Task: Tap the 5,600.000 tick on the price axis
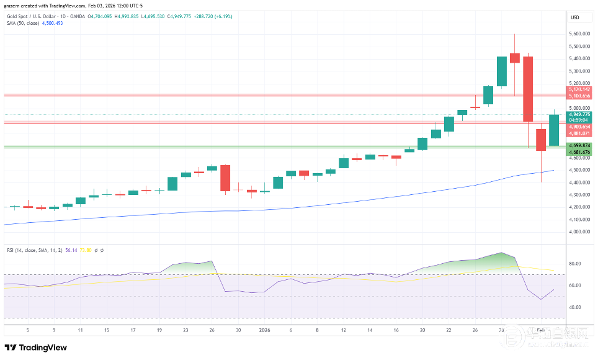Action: [579, 34]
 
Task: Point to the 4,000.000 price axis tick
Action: [579, 232]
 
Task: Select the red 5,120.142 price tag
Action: [579, 90]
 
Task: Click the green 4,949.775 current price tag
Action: [579, 114]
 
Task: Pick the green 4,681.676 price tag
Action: [579, 151]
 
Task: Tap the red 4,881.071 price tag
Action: [579, 133]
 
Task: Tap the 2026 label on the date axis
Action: [264, 330]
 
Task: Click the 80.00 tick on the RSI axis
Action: [576, 264]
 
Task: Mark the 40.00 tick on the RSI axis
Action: [576, 307]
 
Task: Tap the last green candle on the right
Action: [554, 130]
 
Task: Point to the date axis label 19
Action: [159, 330]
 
